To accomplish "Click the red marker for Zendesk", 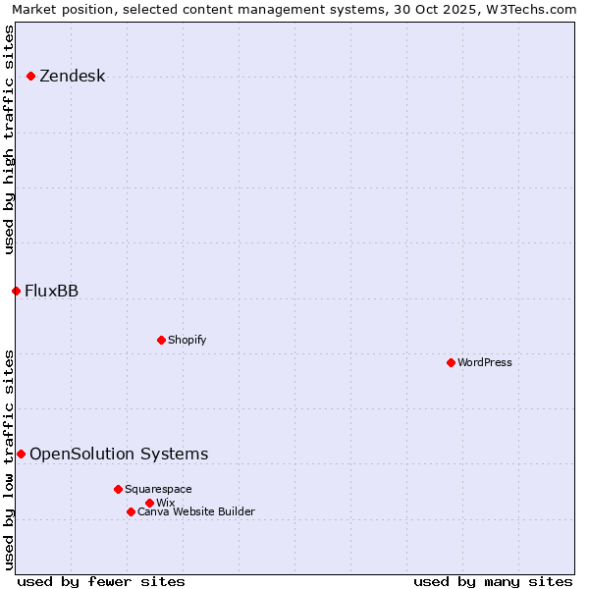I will (30, 76).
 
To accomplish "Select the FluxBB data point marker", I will (16, 291).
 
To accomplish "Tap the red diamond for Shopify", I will (161, 340).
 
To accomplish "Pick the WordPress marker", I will (451, 362).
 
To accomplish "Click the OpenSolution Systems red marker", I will (21, 454).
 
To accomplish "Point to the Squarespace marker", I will (118, 489).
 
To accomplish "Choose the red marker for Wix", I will (149, 503).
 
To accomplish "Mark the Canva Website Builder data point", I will (131, 511).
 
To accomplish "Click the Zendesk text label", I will (72, 76).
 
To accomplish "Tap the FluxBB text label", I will (51, 291).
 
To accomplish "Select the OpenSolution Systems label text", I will (119, 454).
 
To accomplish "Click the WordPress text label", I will (485, 362).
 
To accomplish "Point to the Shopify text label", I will (187, 340).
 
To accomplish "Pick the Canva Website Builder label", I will (195, 511).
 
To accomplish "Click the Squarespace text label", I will (158, 489).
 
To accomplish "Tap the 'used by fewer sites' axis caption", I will (101, 581).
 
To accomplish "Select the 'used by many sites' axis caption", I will (493, 581).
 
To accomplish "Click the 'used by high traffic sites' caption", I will (10, 139).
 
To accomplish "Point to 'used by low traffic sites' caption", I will (10, 459).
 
